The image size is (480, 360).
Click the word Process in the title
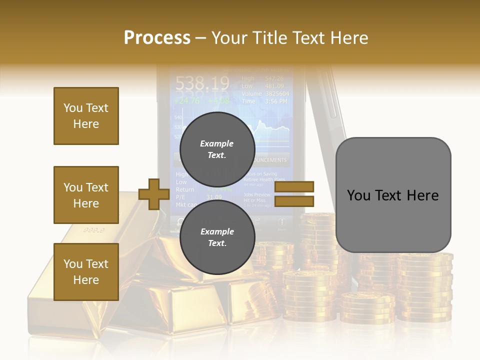click(157, 37)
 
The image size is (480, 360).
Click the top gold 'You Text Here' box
click(86, 116)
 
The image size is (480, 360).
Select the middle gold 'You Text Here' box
click(86, 195)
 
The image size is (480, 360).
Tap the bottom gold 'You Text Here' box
click(86, 272)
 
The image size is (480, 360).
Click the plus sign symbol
click(153, 194)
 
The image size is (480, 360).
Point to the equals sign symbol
click(294, 194)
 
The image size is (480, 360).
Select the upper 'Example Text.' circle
click(217, 149)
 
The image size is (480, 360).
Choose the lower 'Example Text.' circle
click(217, 237)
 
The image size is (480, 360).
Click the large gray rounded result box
click(393, 195)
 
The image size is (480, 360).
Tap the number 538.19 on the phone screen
click(202, 82)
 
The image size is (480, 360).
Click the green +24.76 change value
click(186, 100)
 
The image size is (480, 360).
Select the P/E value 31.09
click(214, 197)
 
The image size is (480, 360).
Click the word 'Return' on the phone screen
click(185, 190)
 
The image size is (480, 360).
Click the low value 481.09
click(274, 86)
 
